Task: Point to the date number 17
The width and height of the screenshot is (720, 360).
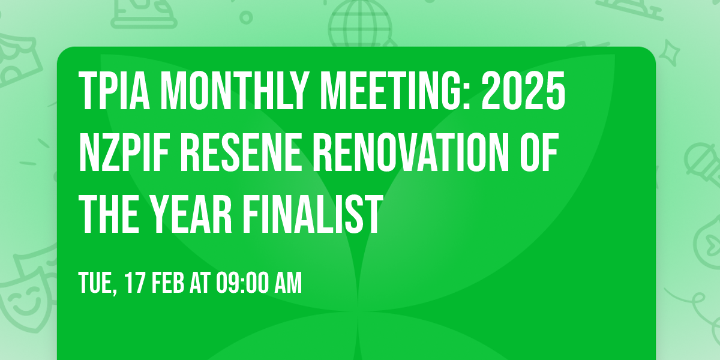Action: pos(135,283)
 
